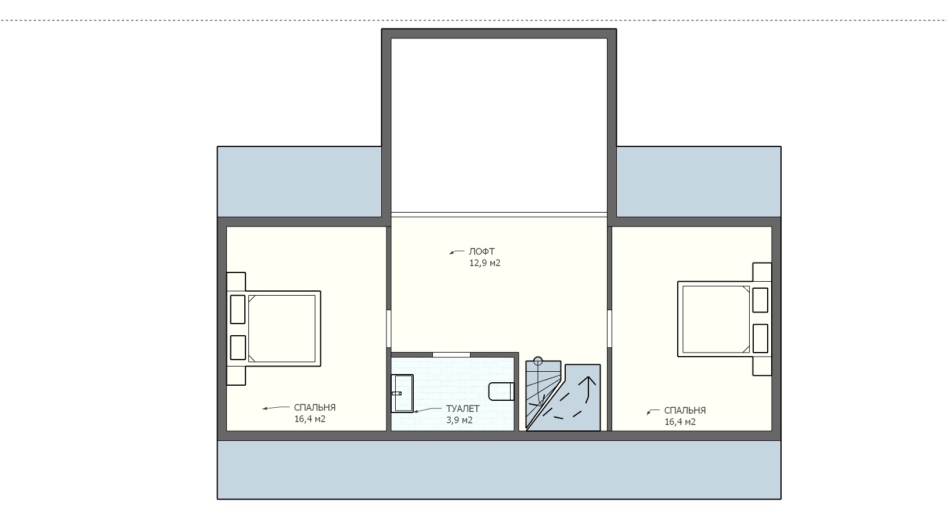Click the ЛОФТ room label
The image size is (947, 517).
click(x=482, y=252)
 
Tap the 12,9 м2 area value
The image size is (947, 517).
click(x=485, y=263)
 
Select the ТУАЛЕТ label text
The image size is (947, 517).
click(x=462, y=409)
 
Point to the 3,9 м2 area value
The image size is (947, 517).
click(x=459, y=420)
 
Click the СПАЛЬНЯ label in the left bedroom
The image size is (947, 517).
click(x=315, y=407)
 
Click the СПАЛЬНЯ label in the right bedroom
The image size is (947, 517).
click(x=685, y=410)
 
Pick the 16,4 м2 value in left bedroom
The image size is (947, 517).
click(x=310, y=419)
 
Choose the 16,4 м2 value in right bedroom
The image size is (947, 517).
click(x=680, y=422)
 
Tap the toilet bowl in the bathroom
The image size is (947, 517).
click(x=501, y=392)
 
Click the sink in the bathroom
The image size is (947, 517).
click(x=402, y=393)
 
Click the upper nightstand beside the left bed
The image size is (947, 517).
click(x=236, y=281)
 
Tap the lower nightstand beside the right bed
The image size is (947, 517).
click(x=762, y=366)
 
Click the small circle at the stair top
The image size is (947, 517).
click(x=538, y=361)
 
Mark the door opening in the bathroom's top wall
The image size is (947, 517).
click(x=451, y=354)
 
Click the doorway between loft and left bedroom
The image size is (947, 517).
click(x=389, y=329)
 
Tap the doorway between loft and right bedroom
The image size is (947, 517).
click(x=610, y=329)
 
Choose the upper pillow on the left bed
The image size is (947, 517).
click(x=237, y=310)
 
